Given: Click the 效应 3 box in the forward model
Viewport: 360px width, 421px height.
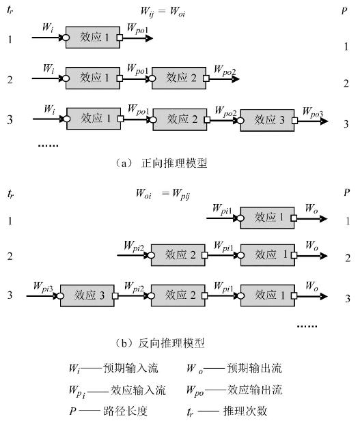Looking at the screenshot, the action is coord(267,120).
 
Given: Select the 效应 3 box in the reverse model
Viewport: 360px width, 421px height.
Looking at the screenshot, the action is coord(87,295).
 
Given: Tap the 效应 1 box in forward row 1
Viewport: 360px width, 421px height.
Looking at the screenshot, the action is coord(93,38).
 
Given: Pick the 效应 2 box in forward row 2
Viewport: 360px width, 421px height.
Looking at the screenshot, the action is coord(179,78).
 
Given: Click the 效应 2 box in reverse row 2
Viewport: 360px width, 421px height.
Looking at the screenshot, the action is coord(178,255).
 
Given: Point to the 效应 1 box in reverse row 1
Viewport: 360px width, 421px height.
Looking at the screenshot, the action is coord(267,218).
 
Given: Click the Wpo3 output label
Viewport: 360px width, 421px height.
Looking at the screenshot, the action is coord(313,112).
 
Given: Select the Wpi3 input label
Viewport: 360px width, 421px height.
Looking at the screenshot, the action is coord(43,287).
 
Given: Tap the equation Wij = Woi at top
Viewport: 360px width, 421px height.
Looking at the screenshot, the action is coord(163,12).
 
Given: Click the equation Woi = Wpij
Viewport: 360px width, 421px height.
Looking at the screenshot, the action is coord(163,194).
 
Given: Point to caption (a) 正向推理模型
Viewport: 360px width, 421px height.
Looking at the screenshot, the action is coord(161,163).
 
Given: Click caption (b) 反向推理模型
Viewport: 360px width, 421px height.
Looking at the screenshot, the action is coord(160,343).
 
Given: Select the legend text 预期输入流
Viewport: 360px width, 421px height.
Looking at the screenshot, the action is coord(130,368).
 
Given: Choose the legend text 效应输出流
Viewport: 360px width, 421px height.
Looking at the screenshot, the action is coord(255,390).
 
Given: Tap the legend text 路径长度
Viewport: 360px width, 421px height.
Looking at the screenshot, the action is coord(126,411).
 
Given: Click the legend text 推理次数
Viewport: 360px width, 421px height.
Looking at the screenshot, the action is coord(245,411).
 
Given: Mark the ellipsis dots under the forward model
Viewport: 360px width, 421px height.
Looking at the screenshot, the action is coord(48,145).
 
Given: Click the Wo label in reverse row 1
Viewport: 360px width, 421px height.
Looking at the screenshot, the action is coord(311,209).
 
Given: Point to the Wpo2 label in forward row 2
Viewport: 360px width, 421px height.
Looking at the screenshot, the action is coord(225,70).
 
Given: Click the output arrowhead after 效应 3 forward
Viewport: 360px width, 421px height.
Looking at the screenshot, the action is coord(324,121).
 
